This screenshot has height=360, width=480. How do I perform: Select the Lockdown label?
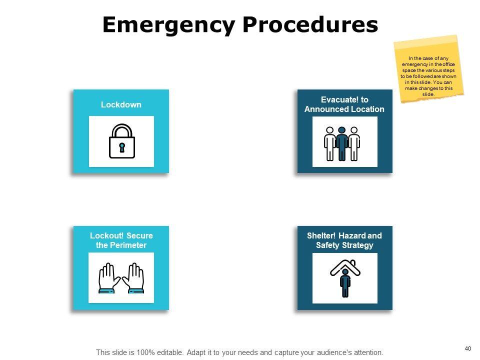coord(121,104)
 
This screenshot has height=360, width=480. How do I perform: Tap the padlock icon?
coord(121,141)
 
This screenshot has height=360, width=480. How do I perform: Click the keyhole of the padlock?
coord(121,147)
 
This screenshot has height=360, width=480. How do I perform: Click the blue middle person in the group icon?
coord(342,143)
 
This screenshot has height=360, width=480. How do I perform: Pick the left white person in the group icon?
coord(330,143)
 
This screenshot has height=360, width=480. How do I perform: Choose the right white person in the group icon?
coord(354,143)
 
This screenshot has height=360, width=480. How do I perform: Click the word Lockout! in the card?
coord(107,235)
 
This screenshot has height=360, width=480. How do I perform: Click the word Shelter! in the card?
coord(324,235)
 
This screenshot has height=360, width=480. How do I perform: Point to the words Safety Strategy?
coord(344,245)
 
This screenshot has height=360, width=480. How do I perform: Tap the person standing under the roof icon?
coord(345,283)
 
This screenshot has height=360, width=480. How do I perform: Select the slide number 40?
coord(468,348)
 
